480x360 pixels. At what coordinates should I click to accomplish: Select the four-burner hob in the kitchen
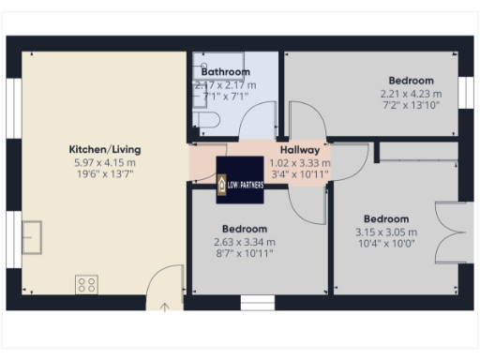[87, 283]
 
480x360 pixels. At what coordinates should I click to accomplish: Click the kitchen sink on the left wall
[36, 237]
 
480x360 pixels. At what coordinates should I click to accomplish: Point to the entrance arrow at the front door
[165, 306]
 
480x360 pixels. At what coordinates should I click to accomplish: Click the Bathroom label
[225, 72]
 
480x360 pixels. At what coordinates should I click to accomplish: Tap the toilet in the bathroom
[207, 119]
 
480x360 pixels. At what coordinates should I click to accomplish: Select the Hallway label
[300, 150]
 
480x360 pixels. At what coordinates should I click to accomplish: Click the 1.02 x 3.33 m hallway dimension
[300, 161]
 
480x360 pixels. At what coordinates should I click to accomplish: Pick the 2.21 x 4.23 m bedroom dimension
[407, 93]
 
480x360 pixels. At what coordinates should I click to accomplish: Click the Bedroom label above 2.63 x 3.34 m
[244, 229]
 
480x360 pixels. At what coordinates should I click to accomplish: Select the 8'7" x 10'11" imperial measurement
[244, 253]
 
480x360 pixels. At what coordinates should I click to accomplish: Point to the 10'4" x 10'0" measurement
[386, 244]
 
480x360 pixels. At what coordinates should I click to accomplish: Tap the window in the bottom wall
[254, 302]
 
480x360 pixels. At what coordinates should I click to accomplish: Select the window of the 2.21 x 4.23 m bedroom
[463, 93]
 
